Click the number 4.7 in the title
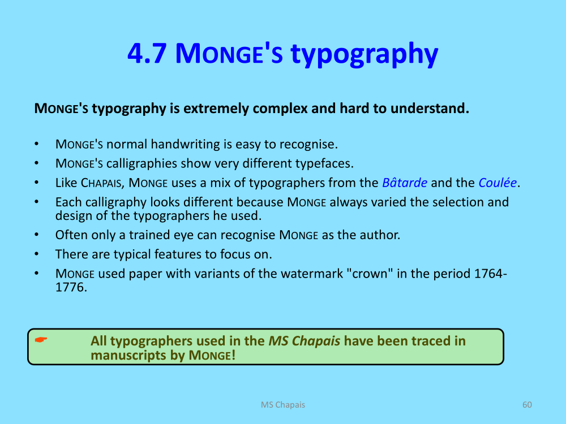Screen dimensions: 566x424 pos(147,54)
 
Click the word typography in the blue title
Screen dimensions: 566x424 pos(364,55)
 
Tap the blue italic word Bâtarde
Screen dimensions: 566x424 pos(405,183)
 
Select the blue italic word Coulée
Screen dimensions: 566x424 pos(498,183)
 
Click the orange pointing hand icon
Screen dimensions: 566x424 pos(41,340)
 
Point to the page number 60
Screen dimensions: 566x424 pos(527,405)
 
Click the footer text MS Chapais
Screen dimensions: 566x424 pos(283,405)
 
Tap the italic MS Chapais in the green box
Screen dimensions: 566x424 pos(305,341)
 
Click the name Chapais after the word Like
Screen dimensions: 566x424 pos(101,183)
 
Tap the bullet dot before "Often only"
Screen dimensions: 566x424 pos(36,235)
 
